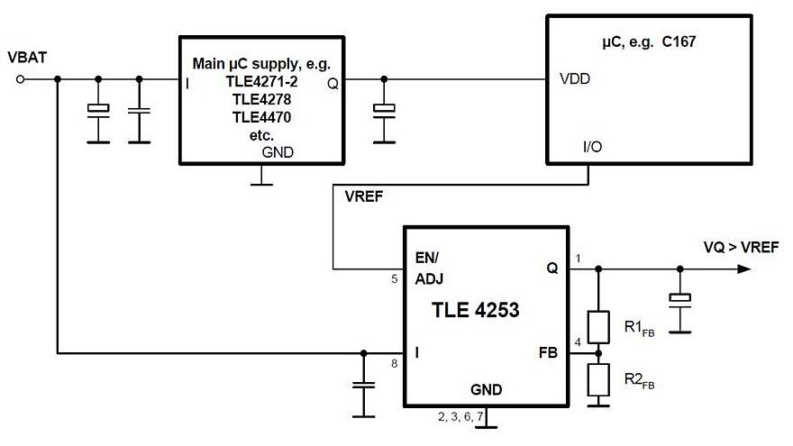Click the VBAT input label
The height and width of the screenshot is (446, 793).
click(27, 59)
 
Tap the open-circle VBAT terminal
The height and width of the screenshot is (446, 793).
click(21, 79)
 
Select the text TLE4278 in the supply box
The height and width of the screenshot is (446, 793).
click(260, 99)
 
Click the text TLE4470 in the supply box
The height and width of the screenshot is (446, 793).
click(260, 117)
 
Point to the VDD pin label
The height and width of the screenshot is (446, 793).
click(575, 79)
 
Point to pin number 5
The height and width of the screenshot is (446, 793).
click(394, 279)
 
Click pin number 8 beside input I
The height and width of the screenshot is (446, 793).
click(394, 363)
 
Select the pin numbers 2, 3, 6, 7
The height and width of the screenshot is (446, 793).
click(460, 416)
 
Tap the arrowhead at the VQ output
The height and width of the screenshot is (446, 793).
click(743, 269)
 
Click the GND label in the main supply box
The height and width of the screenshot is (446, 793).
click(277, 152)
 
